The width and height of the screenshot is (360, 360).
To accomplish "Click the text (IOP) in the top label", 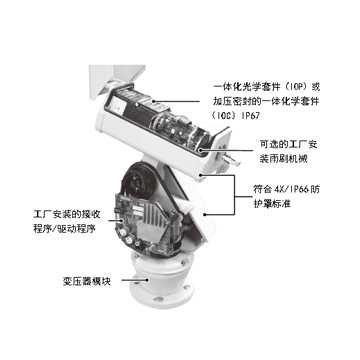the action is pyautogui.click(x=294, y=87).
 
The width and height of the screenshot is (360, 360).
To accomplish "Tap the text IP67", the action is pyautogui.click(x=248, y=115).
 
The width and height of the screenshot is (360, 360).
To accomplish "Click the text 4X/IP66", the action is pyautogui.click(x=291, y=189).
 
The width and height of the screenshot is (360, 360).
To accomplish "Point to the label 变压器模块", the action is pyautogui.click(x=86, y=282).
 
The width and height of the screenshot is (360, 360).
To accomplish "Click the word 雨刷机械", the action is pyautogui.click(x=288, y=159).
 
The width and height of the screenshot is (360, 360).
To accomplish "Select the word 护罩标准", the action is pyautogui.click(x=272, y=203).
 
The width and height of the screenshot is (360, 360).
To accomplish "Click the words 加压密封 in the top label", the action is pyautogui.click(x=232, y=101).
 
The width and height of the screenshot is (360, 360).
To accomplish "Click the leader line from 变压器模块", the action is pyautogui.click(x=134, y=280).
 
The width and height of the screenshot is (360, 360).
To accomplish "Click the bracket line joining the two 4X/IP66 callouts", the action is pyautogui.click(x=234, y=194).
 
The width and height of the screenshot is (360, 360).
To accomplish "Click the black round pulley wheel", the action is pyautogui.click(x=138, y=180).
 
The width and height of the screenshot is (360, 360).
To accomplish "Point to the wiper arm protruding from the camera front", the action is pyautogui.click(x=231, y=161).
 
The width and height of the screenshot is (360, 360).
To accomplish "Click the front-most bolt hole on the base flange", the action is pyautogui.click(x=159, y=299).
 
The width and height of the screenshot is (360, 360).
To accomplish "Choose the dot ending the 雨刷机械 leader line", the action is pyautogui.click(x=200, y=151).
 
